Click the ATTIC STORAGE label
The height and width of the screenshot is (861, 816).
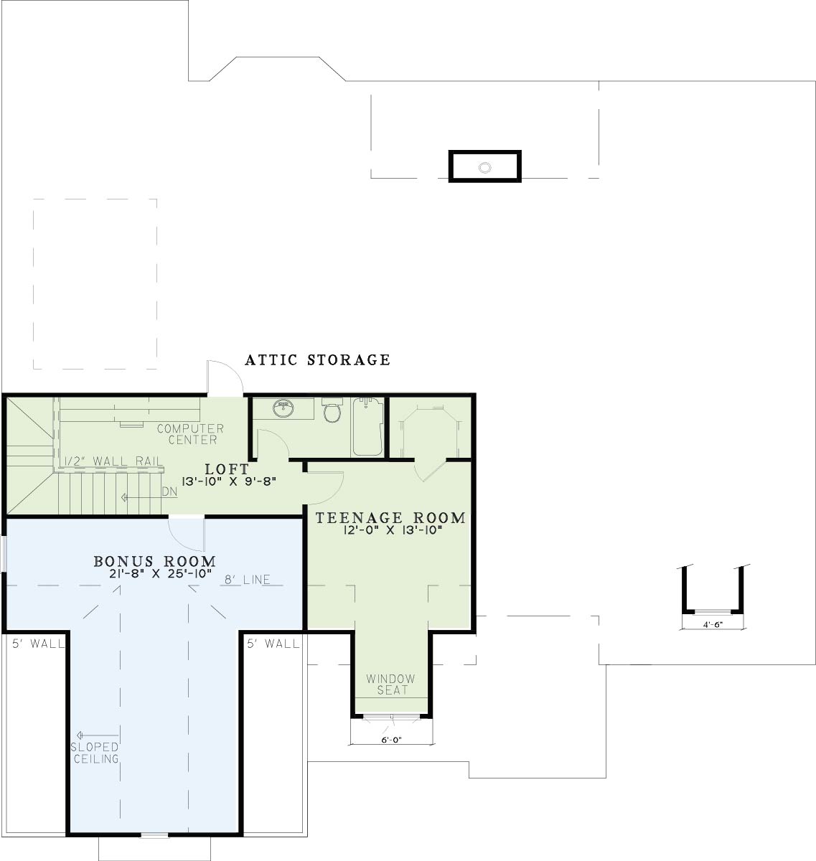tap(317, 360)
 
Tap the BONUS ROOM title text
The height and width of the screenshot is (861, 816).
tap(155, 561)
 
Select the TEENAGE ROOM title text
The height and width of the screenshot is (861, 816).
tap(390, 517)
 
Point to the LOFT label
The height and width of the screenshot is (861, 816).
tap(227, 469)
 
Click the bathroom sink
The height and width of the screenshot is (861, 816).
tap(283, 408)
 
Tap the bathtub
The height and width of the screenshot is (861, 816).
tap(368, 427)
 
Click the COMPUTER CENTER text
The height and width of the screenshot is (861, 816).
tap(191, 434)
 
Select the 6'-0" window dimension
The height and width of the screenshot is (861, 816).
tap(392, 740)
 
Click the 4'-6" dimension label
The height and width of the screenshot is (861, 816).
tap(712, 625)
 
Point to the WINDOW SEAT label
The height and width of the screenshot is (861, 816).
tap(391, 684)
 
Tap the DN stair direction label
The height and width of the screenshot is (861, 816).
tap(169, 491)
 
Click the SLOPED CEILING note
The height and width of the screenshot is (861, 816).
tap(95, 753)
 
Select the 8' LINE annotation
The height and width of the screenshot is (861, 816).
tap(247, 580)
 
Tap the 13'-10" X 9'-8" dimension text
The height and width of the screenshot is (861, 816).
tap(228, 481)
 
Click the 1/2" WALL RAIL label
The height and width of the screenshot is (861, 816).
tap(113, 461)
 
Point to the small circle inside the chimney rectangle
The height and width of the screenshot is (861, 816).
tap(484, 167)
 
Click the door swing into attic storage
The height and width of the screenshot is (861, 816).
tap(225, 378)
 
